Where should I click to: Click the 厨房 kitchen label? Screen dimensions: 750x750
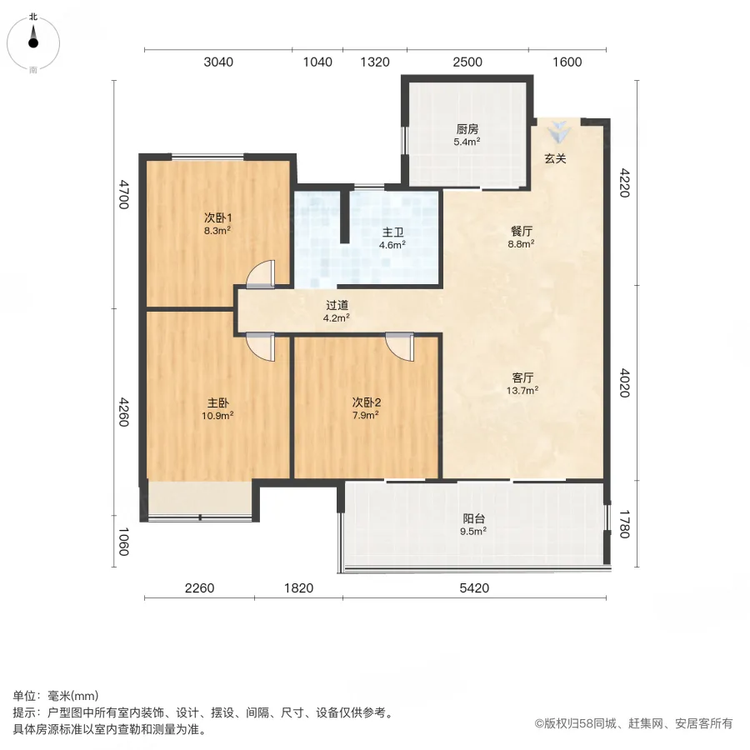click(467, 129)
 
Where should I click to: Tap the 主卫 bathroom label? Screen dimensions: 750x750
click(392, 232)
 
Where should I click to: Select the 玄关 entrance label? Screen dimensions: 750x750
click(555, 158)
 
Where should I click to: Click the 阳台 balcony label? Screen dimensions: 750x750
click(474, 518)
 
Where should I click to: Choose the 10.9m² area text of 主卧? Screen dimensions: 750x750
click(217, 416)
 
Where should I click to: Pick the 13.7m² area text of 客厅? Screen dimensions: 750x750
click(522, 390)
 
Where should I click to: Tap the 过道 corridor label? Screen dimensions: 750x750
click(337, 305)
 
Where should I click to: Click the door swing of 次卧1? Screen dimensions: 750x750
click(261, 274)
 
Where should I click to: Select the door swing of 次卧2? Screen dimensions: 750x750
click(399, 347)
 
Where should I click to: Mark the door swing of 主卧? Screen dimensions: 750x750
click(261, 347)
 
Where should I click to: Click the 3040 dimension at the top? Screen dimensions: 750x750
click(218, 62)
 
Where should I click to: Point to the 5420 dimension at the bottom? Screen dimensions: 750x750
click(474, 587)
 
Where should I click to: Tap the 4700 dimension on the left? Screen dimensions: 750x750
click(124, 194)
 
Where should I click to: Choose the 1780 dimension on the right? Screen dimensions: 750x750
click(625, 524)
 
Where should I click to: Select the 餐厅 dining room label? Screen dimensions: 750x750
click(522, 232)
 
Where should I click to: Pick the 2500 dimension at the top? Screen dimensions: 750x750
click(467, 62)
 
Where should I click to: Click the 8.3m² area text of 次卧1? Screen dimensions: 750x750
click(217, 231)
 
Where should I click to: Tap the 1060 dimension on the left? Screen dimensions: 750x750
click(124, 542)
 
